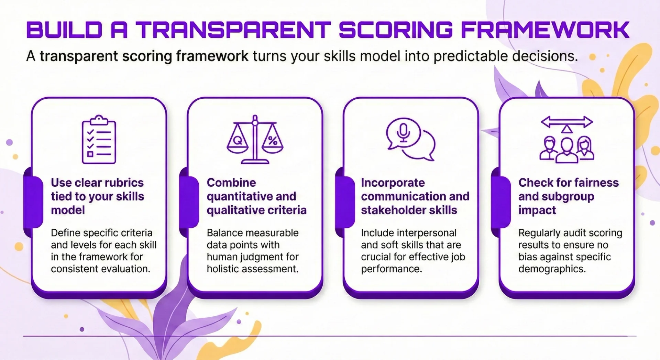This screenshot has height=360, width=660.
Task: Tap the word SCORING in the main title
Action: (395, 30)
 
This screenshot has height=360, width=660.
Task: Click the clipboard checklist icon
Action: (99, 140)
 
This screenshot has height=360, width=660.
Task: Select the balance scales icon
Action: (255, 140)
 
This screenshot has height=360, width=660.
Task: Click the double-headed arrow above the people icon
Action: (566, 122)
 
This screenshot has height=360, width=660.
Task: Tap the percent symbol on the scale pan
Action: (273, 140)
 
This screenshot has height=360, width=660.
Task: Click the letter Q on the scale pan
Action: (238, 140)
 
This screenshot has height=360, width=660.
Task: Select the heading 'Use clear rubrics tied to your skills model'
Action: (98, 196)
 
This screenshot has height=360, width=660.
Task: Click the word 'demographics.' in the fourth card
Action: (552, 269)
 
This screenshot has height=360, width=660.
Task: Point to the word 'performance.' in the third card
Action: (391, 269)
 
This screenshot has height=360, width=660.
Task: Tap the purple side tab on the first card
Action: (34, 202)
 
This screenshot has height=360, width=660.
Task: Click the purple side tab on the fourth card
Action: (501, 202)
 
